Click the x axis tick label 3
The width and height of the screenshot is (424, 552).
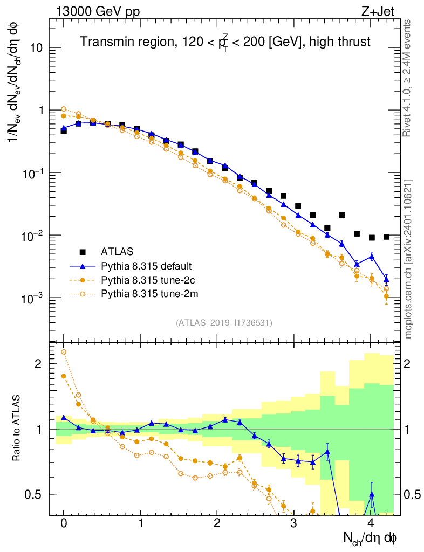click(293, 523)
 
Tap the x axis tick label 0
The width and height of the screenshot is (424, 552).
click(64, 523)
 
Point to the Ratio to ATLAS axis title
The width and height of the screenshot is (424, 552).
click(17, 429)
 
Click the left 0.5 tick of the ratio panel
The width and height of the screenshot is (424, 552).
click(34, 494)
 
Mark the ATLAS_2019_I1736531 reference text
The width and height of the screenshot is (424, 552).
click(224, 323)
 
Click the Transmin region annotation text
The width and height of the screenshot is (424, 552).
click(225, 42)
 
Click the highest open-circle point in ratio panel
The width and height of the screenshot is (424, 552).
click(64, 352)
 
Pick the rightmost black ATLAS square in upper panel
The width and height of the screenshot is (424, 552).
click(386, 237)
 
